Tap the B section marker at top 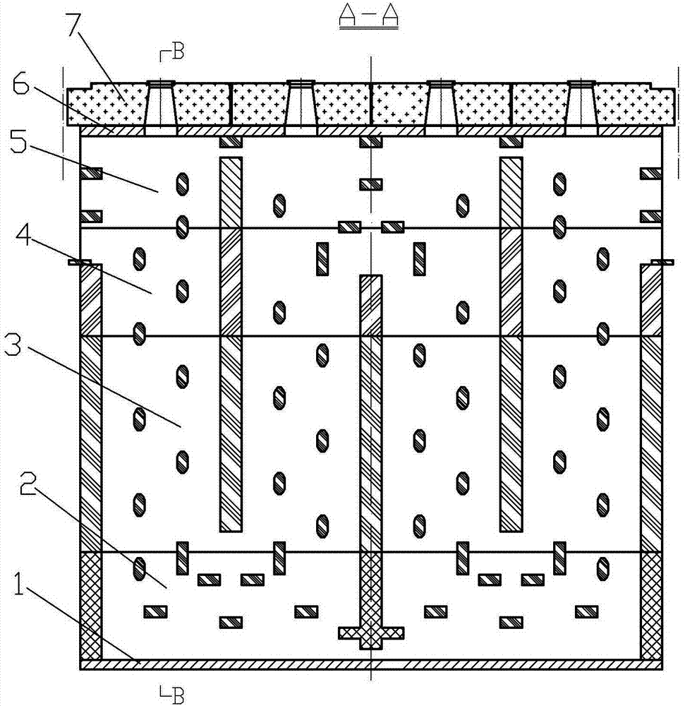point(173,52)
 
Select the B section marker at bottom point(173,693)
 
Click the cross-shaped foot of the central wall point(371,633)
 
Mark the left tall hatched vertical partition point(231,344)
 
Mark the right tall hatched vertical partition point(511,344)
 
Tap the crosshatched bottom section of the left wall point(91,606)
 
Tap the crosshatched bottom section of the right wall point(651,606)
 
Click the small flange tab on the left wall point(80,262)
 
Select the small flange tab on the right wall point(662,262)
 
